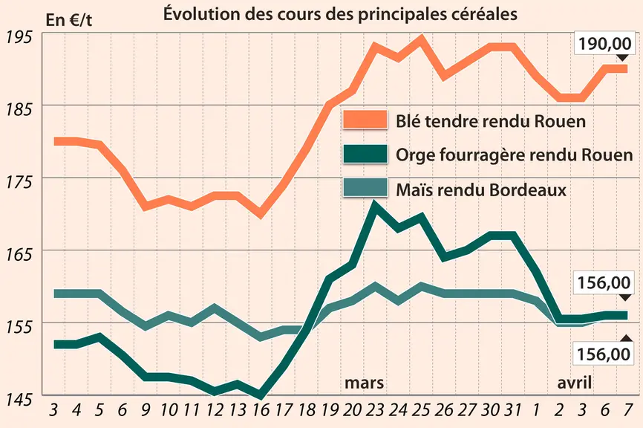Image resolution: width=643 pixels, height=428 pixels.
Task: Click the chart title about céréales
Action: (340, 14)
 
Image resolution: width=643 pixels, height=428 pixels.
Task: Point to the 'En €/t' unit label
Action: (69, 20)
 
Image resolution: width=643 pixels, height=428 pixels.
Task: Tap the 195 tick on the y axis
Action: (19, 37)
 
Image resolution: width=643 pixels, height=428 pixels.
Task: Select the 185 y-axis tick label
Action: (19, 109)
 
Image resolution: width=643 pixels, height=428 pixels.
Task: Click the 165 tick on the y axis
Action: (19, 255)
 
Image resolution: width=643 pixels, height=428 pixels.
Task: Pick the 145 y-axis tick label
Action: (19, 400)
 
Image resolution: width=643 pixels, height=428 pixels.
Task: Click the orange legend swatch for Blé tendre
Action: (365, 120)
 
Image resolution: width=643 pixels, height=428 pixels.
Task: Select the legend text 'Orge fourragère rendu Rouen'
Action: (515, 155)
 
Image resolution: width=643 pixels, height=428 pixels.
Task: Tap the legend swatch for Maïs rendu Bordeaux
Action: (365, 188)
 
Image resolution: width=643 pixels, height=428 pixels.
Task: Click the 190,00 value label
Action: (604, 44)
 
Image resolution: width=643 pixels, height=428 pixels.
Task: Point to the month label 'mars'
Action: (364, 383)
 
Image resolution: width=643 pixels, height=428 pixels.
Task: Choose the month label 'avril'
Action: (574, 383)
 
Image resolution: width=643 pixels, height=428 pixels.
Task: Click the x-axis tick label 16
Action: (261, 410)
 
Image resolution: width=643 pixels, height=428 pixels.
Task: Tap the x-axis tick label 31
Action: (512, 410)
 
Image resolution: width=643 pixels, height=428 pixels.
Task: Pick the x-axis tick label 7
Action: (627, 410)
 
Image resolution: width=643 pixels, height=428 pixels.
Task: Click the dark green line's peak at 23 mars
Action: (373, 205)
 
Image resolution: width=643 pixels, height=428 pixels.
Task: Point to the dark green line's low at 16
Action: (261, 395)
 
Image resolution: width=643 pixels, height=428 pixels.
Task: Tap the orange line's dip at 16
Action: (261, 214)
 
